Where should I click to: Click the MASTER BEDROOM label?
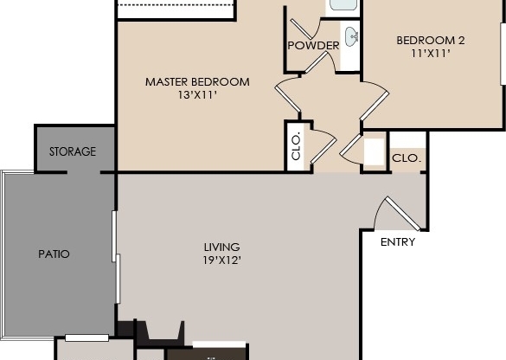coord(197,82)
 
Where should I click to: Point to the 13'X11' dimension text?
coord(196,95)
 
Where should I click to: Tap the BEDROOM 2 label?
coord(431,40)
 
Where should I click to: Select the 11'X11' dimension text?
coord(431,54)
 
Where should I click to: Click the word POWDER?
coord(313,45)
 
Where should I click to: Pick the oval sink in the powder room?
coord(352,36)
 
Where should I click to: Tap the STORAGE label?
coord(72,151)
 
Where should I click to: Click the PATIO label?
coord(54,254)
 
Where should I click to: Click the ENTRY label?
coord(398,242)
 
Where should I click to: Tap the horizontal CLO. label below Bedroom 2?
coord(407,158)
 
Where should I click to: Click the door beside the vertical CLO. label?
coord(322,143)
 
